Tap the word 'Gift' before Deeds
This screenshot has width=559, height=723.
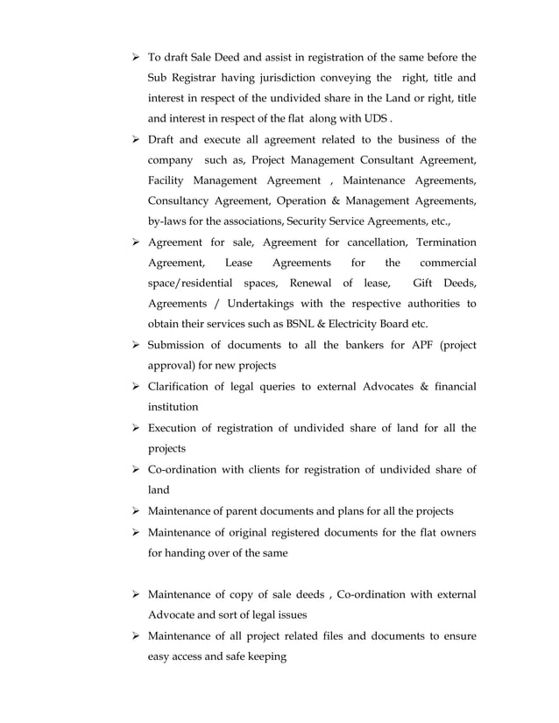[424, 284]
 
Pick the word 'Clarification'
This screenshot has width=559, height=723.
[181, 386]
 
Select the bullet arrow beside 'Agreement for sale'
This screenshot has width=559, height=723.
[136, 242]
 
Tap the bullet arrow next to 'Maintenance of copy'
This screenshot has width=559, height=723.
[136, 595]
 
